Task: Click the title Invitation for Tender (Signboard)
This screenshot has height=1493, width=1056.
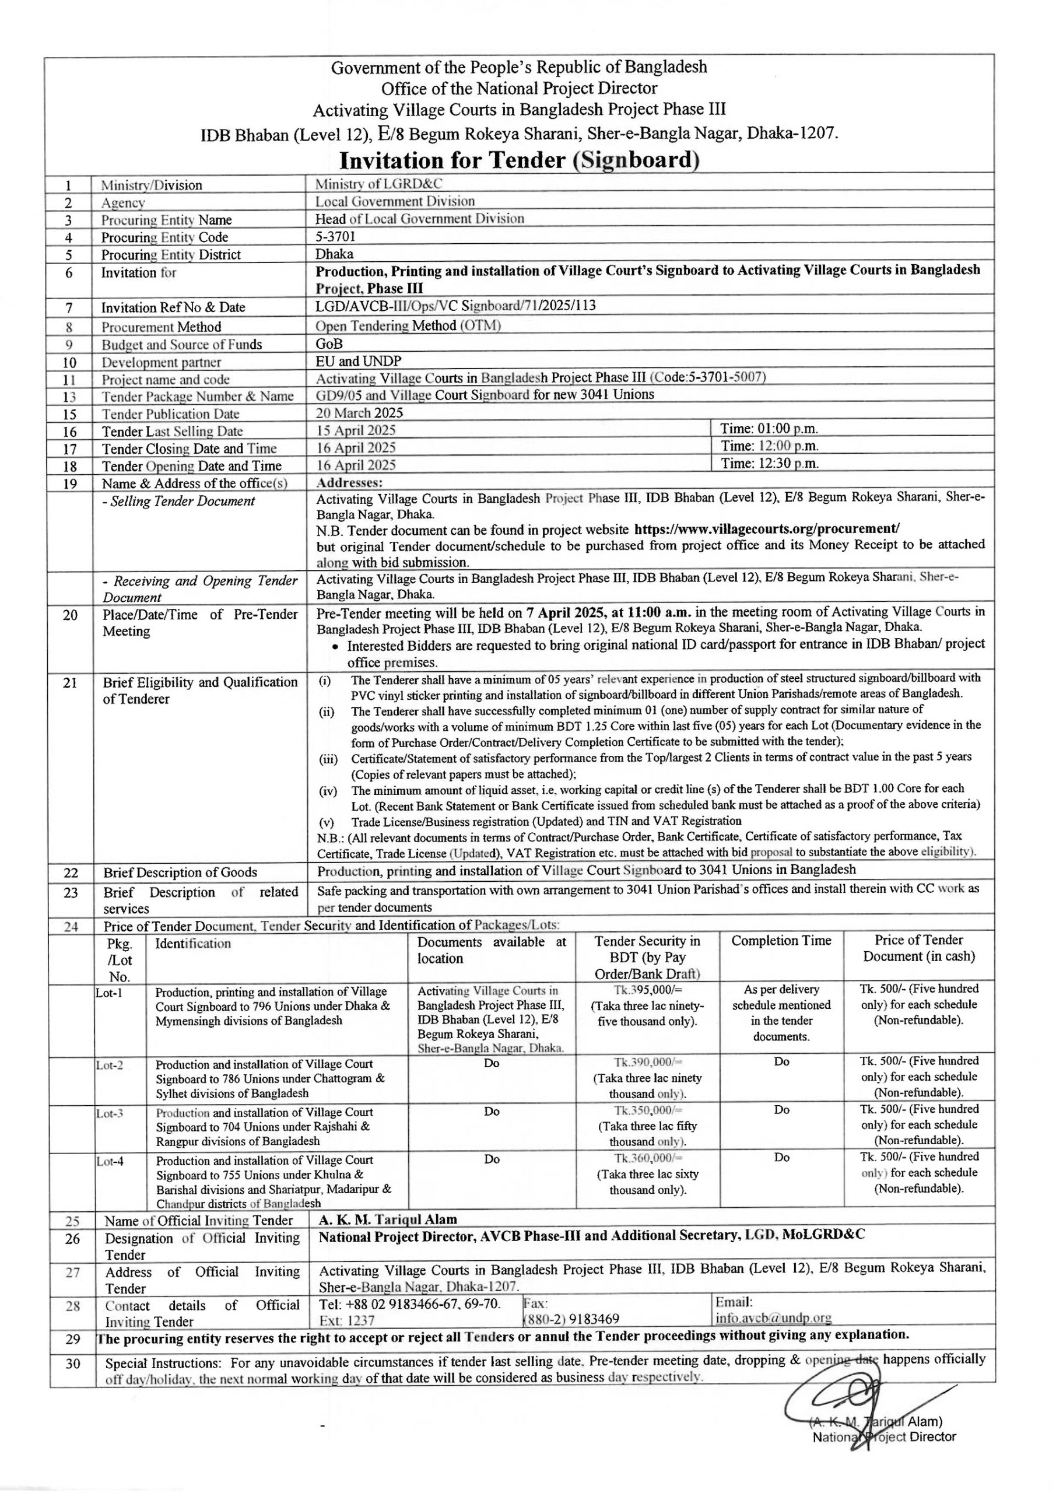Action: tap(519, 160)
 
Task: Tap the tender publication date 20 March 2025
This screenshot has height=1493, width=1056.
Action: tap(360, 413)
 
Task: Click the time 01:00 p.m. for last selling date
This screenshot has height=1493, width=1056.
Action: tap(769, 429)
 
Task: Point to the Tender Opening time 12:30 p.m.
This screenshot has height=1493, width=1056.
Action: tap(769, 463)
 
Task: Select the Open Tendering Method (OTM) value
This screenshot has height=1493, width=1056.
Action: tap(408, 326)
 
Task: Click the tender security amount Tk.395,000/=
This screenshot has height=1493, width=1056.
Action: tap(647, 989)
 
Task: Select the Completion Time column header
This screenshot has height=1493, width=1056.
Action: tap(781, 941)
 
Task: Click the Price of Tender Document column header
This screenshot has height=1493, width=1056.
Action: tap(919, 948)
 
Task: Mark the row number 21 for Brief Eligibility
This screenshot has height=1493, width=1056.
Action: tap(70, 683)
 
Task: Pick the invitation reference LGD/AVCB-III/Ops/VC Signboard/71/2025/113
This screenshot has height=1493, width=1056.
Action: tap(455, 306)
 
